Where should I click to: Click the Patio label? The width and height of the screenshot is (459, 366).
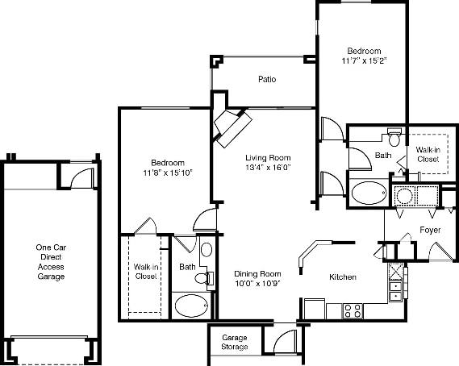point(267,80)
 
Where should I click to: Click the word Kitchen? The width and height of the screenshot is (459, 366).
point(343,277)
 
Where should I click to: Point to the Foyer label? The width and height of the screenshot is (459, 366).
point(429,231)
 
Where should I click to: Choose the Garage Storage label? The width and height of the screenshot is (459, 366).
point(235,342)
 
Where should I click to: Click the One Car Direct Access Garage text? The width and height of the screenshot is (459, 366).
point(50,262)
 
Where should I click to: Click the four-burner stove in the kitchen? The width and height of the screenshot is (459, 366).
point(353,310)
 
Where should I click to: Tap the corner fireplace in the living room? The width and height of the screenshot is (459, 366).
point(232,126)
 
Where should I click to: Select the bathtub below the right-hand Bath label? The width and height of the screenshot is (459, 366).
point(369,193)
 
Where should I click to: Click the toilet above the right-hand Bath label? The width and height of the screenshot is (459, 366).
point(394,134)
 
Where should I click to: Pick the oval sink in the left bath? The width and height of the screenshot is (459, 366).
point(206,250)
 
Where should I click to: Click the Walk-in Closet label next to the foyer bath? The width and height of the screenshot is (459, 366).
point(428,154)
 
